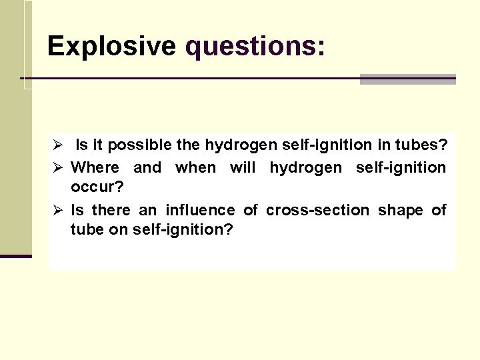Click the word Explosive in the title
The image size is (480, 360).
(111, 46)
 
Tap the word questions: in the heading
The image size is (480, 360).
(255, 46)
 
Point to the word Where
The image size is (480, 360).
(95, 167)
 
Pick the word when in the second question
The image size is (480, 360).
(195, 167)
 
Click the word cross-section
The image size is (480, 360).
(317, 210)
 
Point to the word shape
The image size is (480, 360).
(400, 210)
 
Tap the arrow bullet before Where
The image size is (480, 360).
(58, 167)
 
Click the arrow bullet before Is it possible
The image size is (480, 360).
(58, 145)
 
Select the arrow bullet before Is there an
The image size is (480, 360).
(58, 210)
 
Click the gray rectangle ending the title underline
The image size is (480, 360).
(407, 79)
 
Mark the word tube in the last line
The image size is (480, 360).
(86, 230)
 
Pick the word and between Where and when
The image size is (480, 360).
(147, 167)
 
